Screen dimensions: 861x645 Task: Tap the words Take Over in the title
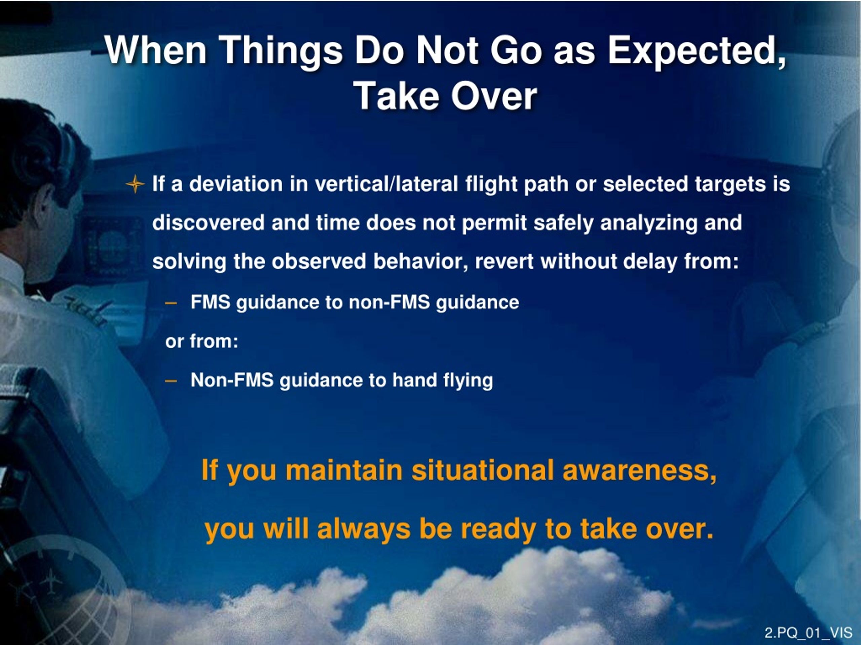click(x=445, y=96)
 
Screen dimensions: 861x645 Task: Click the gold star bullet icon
click(x=135, y=184)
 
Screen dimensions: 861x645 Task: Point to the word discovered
click(x=209, y=223)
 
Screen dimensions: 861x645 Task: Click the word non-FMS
click(x=389, y=302)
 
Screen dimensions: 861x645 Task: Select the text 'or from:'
click(x=201, y=341)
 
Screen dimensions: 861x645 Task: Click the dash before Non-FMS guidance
click(x=171, y=381)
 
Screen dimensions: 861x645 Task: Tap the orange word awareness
click(x=639, y=471)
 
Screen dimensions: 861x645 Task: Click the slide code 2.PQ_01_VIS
click(x=809, y=633)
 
